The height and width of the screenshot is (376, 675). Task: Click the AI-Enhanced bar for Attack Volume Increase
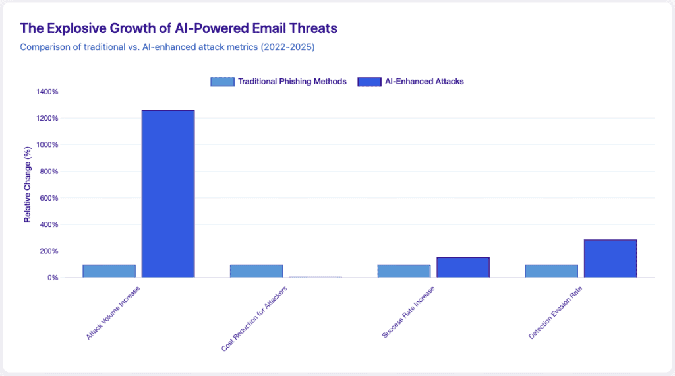(168, 193)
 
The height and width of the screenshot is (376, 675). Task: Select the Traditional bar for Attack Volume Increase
(109, 270)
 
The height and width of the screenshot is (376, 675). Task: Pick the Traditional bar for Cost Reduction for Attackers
(256, 270)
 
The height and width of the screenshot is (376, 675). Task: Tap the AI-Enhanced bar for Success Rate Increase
(463, 267)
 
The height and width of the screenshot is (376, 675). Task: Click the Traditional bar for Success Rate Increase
(403, 270)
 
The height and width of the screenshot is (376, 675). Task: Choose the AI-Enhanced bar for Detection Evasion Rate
(610, 259)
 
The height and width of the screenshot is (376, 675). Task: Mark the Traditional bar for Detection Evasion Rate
(551, 270)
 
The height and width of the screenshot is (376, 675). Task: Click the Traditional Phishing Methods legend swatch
(222, 82)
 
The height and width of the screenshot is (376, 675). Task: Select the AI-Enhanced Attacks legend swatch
(369, 82)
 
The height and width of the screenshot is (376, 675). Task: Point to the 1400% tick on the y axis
(46, 92)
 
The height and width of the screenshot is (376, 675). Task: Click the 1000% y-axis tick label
(46, 145)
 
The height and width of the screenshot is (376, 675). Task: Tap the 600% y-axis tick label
(48, 198)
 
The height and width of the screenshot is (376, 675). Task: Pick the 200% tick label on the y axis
(48, 251)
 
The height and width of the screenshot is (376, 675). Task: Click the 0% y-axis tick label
(51, 278)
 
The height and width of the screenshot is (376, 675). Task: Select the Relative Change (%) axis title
(28, 185)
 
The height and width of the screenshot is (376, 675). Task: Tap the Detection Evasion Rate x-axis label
(556, 313)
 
